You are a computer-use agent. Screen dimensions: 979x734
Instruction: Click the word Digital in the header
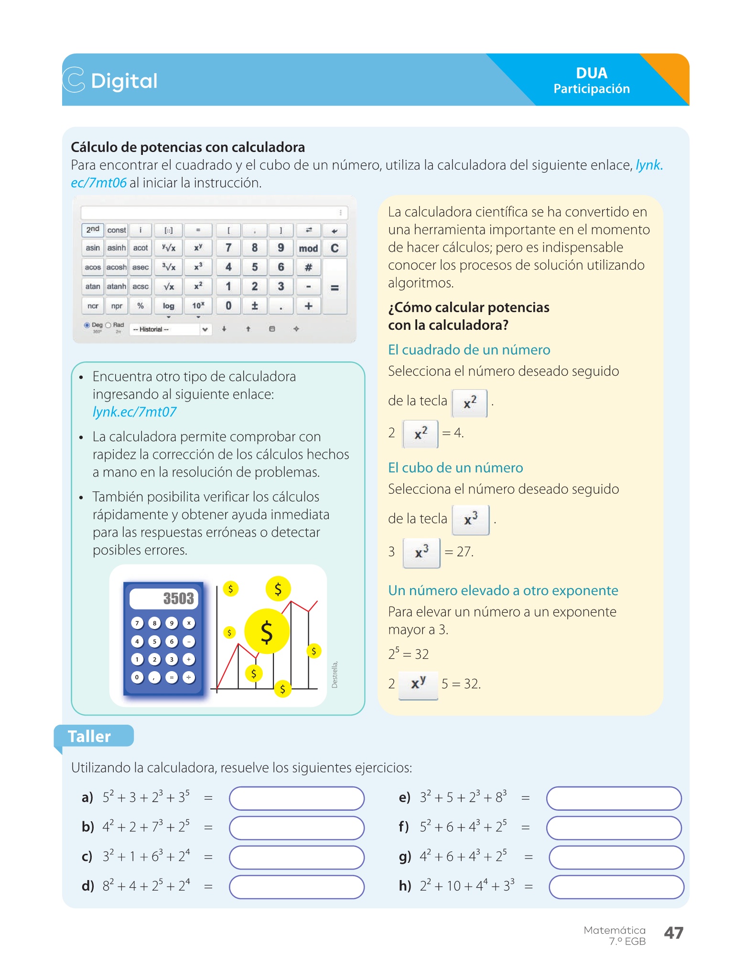[x=124, y=81]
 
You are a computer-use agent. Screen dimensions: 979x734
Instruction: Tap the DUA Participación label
[x=591, y=80]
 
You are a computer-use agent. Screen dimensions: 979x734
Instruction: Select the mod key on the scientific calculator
[x=308, y=248]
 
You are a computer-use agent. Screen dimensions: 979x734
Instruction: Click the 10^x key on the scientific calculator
[x=198, y=305]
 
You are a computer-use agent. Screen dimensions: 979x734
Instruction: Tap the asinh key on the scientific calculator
[x=117, y=248]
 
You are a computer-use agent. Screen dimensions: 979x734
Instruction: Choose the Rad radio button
[x=108, y=325]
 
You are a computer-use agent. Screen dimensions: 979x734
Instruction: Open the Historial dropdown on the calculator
[x=170, y=329]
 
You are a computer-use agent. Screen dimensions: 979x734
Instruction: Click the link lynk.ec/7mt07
[x=134, y=412]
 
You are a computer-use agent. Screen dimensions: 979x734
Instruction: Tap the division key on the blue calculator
[x=189, y=677]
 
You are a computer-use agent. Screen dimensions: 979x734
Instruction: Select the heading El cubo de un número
[x=455, y=468]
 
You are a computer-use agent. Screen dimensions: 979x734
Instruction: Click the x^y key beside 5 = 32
[x=418, y=684]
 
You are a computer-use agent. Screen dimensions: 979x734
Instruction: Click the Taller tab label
[x=89, y=736]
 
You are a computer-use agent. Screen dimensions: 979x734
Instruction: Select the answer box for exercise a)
[x=297, y=798]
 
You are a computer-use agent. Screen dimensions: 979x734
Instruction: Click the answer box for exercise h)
[x=616, y=887]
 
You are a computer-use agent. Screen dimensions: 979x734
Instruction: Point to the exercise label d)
[x=87, y=886]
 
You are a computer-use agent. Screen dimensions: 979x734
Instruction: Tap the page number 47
[x=673, y=933]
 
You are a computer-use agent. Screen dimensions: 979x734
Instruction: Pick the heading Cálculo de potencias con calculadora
[x=188, y=147]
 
